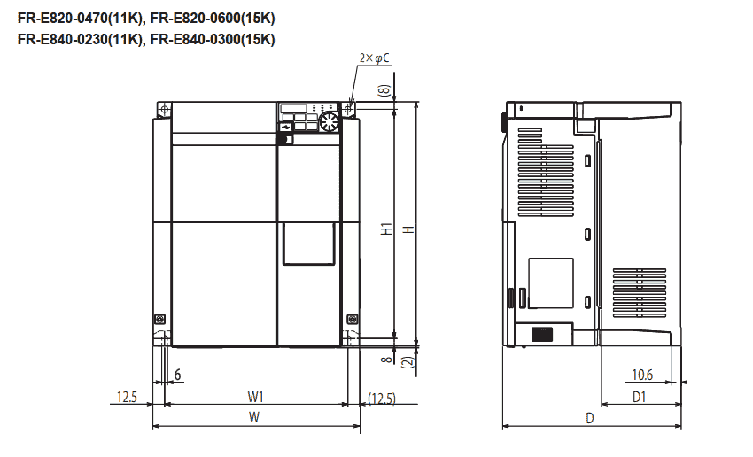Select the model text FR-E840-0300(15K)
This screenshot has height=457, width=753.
coord(213,39)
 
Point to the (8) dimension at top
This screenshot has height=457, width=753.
coord(384,90)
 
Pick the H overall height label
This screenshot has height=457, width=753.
coord(408,228)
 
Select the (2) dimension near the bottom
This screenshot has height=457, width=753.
coord(407,361)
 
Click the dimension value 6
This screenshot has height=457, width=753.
coord(178,375)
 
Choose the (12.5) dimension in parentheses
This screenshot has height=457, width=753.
coord(382,398)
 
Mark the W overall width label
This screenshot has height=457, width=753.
coord(254,417)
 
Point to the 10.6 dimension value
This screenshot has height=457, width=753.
coord(643,375)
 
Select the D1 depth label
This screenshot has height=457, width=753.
coord(639,398)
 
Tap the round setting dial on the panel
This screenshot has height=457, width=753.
coord(329,120)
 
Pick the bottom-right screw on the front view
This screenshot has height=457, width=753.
coord(352,318)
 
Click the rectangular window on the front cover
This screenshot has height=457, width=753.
coord(308,244)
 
